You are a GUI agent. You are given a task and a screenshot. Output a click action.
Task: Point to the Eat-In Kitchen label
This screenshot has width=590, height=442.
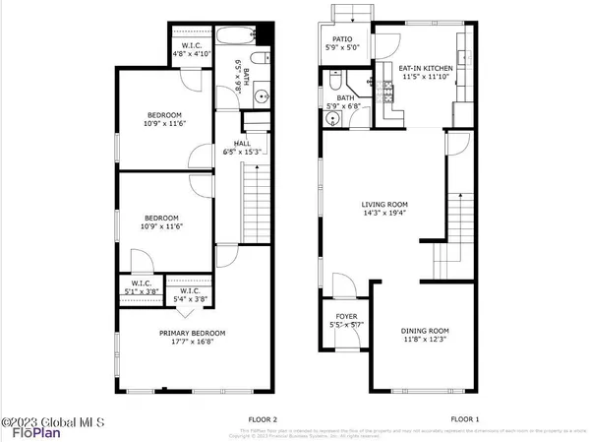click(426, 68)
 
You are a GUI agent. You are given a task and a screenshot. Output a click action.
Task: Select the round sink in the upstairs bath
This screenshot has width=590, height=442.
click(261, 97)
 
